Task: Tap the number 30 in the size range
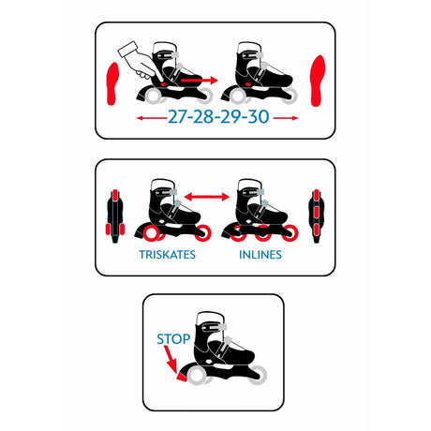pos(259,117)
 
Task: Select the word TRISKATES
pos(168,255)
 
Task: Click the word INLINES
pos(260,255)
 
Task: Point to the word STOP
pos(173,339)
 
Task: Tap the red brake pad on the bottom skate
pos(182,377)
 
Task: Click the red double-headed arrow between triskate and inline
pos(207,197)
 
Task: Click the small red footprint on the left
pos(112,83)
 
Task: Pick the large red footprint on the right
pos(318,81)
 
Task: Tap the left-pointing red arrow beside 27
pos(152,118)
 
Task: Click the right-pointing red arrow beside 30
pos(286,118)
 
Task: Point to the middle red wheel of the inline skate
pos(263,233)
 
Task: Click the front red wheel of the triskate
pos(203,233)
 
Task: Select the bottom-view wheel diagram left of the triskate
pos(115,215)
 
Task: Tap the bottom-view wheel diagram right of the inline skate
pos(317,215)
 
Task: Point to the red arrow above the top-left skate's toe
pos(199,81)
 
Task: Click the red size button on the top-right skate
pos(248,84)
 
